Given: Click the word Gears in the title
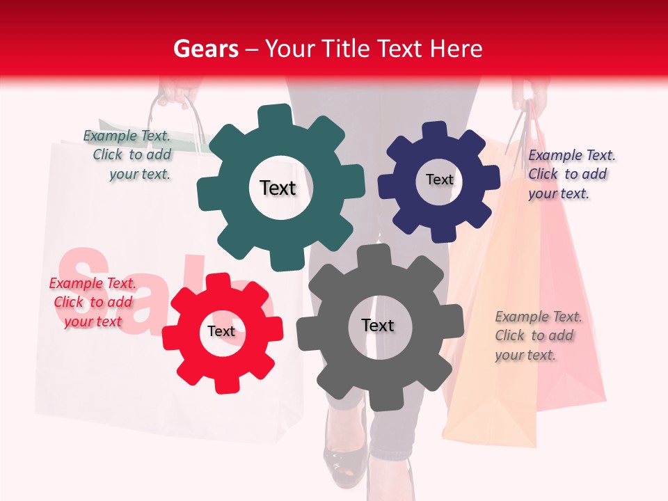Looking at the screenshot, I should tap(206, 49).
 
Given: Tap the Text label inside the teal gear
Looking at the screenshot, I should tap(278, 188).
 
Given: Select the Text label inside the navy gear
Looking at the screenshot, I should tap(440, 180).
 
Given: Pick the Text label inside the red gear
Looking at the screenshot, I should tap(221, 331).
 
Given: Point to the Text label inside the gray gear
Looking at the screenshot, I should tap(378, 325).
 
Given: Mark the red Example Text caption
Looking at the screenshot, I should tap(93, 302).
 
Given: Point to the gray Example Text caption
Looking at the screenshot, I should tap(536, 335).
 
